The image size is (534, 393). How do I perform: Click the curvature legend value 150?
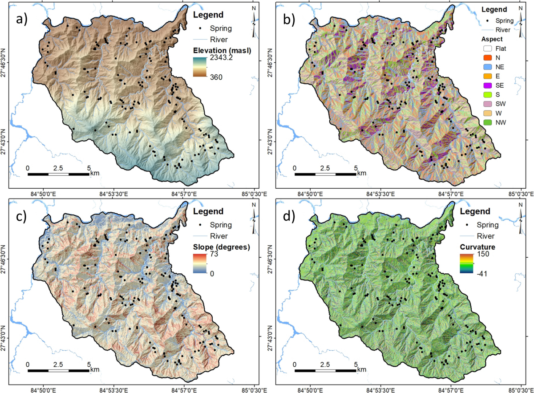click(484, 255)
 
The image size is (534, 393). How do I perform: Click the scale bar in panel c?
click(58, 370)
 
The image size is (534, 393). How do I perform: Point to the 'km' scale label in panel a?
click(95, 173)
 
